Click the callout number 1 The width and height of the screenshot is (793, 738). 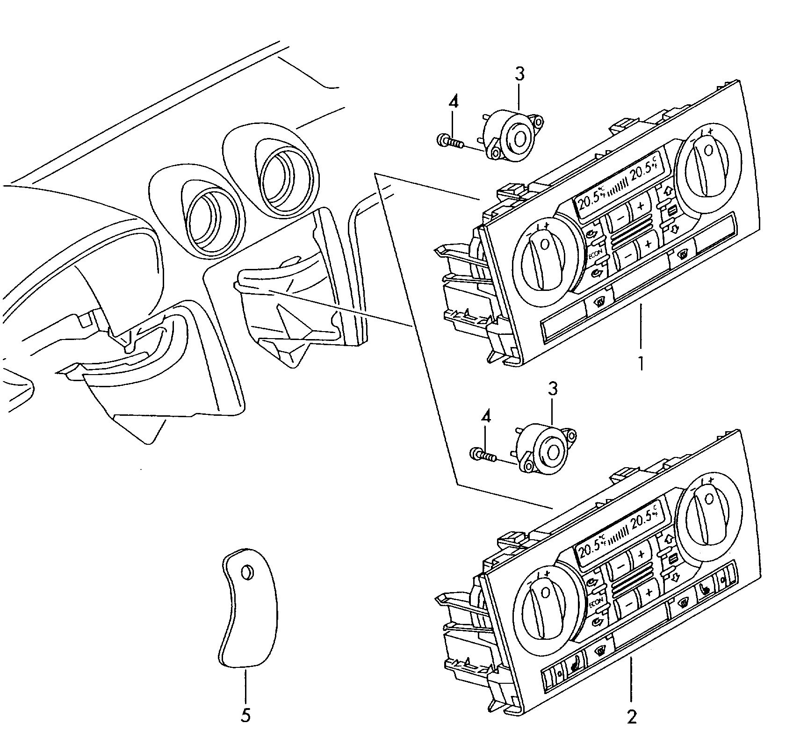click(641, 363)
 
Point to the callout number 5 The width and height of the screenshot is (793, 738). click(245, 715)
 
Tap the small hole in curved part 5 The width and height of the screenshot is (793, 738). click(246, 572)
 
